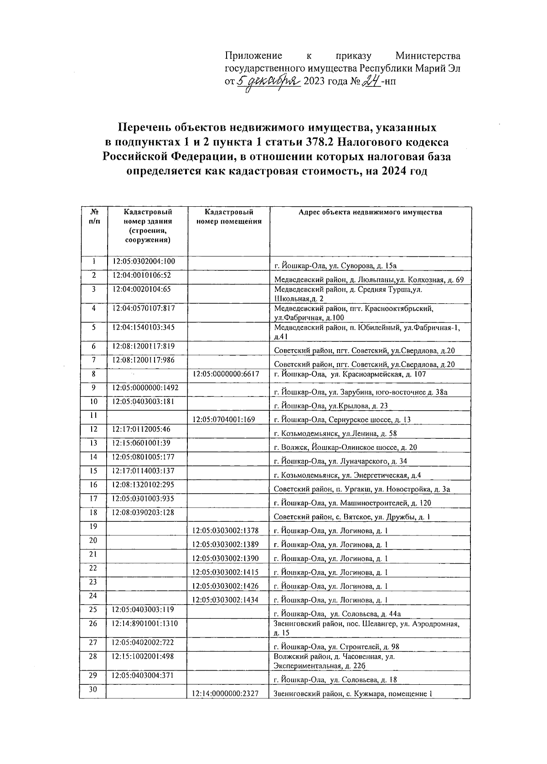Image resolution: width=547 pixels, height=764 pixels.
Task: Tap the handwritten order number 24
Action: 370,82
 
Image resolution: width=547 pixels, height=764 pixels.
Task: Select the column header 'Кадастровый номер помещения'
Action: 229,217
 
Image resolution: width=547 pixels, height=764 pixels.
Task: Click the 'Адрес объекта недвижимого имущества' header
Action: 370,212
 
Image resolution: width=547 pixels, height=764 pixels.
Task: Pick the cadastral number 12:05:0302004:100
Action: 144,261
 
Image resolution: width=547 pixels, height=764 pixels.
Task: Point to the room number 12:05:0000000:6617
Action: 226,374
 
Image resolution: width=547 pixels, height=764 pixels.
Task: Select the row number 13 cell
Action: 94,443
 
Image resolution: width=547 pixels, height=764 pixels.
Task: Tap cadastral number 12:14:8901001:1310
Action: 145,623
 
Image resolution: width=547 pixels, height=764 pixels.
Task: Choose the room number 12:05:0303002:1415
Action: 225,572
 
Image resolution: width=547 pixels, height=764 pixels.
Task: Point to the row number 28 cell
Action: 93,657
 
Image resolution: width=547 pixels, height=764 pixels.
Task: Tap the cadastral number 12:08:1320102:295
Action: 143,485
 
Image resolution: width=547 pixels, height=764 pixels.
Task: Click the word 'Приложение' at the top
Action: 253,56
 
